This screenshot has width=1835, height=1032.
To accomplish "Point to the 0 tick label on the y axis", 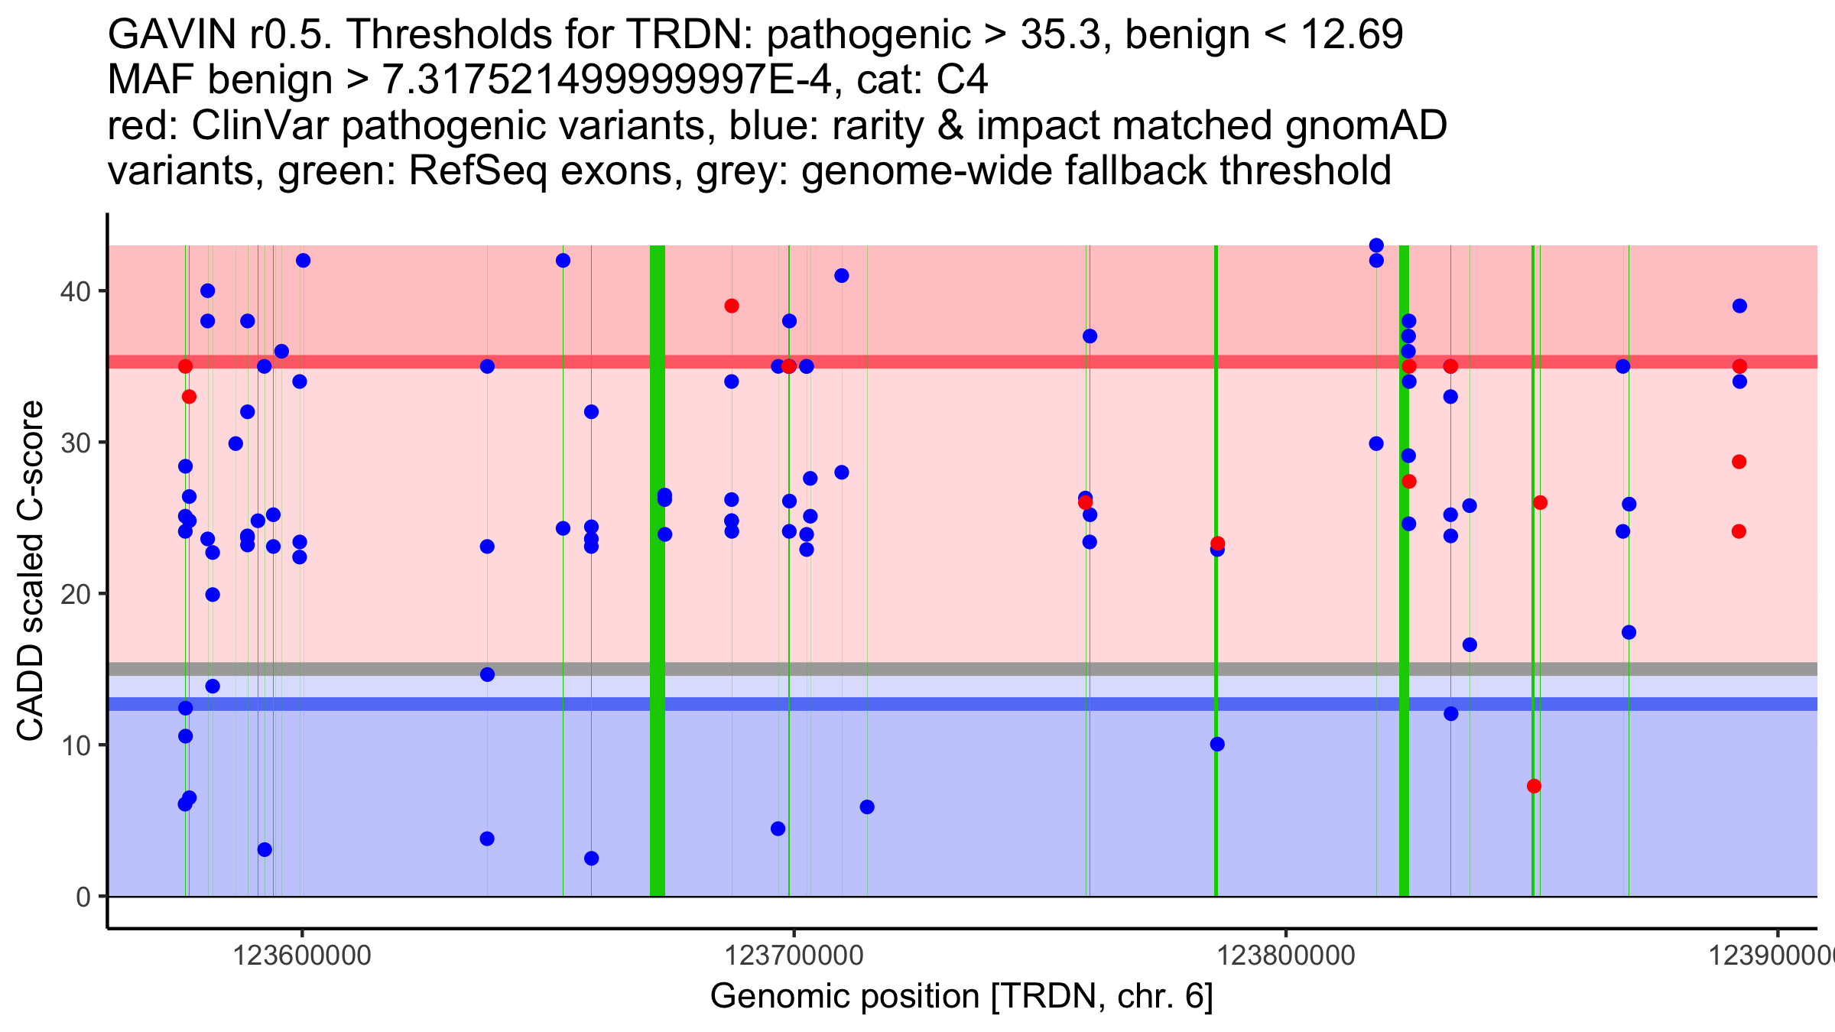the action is pyautogui.click(x=83, y=897).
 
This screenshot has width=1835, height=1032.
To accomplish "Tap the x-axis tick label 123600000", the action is pyautogui.click(x=302, y=956).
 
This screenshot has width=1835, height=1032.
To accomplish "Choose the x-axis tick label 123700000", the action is pyautogui.click(x=794, y=956).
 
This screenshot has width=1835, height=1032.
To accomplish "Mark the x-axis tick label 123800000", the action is pyautogui.click(x=1286, y=956).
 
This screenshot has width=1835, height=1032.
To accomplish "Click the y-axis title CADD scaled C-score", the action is pyautogui.click(x=31, y=571).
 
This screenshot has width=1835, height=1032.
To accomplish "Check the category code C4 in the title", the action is pyautogui.click(x=962, y=80).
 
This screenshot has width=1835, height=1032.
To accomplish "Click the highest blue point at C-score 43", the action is pyautogui.click(x=1376, y=245).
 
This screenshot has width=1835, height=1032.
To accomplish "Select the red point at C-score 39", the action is pyautogui.click(x=732, y=306).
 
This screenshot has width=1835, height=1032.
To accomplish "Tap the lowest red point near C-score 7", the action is pyautogui.click(x=1534, y=786).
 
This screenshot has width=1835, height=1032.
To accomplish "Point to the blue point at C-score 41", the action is pyautogui.click(x=842, y=276).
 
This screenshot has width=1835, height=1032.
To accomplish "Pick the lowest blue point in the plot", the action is pyautogui.click(x=591, y=858).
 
